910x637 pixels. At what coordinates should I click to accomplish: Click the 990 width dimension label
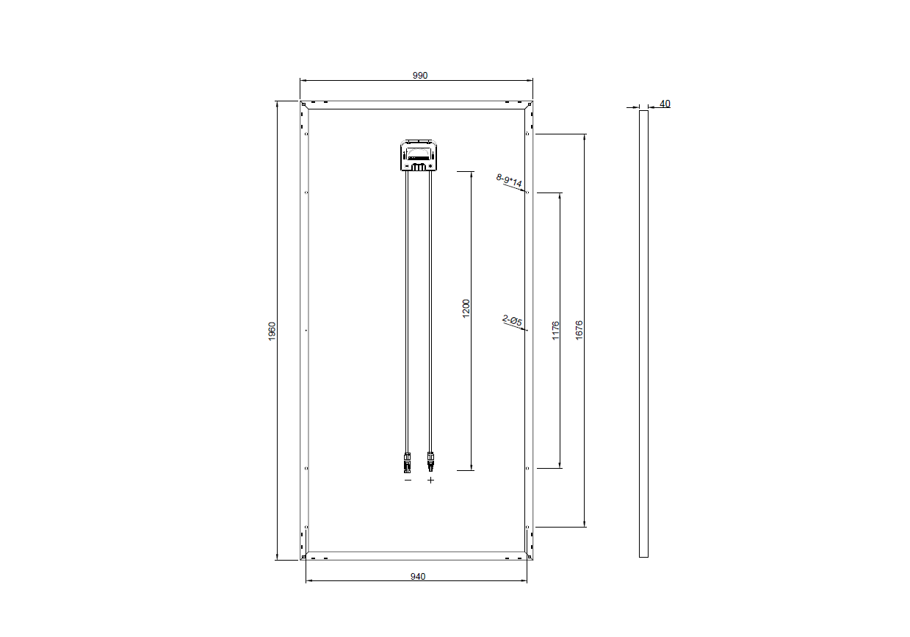420,76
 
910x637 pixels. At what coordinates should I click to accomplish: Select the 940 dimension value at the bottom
418,577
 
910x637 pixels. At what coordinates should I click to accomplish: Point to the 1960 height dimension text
272,331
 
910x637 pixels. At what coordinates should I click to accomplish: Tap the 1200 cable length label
466,309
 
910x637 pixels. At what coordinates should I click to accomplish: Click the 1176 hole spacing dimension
555,331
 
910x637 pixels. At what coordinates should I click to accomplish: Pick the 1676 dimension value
579,330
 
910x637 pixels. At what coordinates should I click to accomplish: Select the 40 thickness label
665,104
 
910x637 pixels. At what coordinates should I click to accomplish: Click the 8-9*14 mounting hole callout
509,180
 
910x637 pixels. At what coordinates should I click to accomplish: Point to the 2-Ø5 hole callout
512,320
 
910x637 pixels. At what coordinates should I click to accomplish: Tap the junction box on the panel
419,155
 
